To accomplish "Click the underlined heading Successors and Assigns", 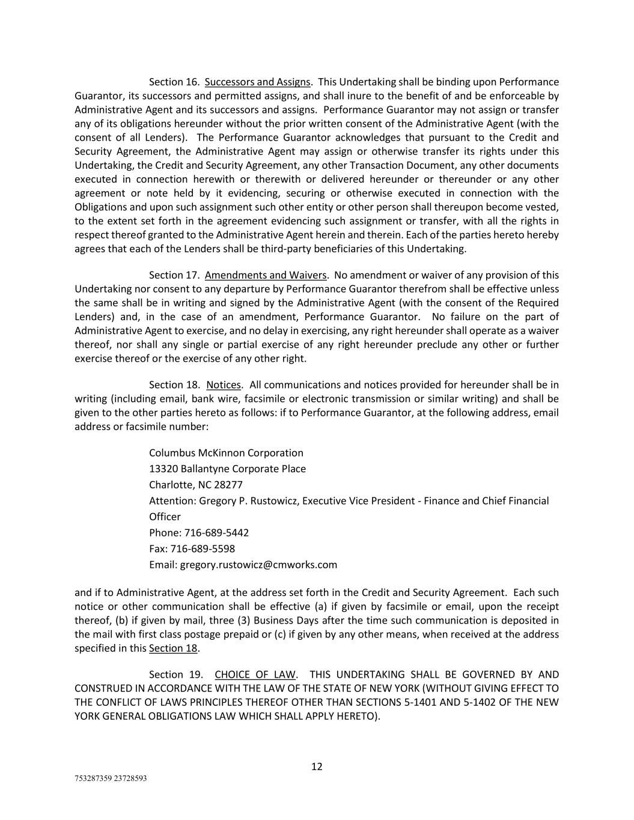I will [x=257, y=82].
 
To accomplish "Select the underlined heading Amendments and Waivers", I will [x=266, y=275].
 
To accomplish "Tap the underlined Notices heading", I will [x=224, y=385].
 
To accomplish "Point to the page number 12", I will [x=317, y=767].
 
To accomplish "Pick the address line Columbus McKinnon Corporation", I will [x=226, y=453].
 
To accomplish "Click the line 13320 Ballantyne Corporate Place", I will [x=227, y=469].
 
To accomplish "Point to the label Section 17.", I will [x=174, y=275].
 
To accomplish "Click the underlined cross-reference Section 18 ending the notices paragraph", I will [x=173, y=648].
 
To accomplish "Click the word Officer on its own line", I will [x=165, y=517].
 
